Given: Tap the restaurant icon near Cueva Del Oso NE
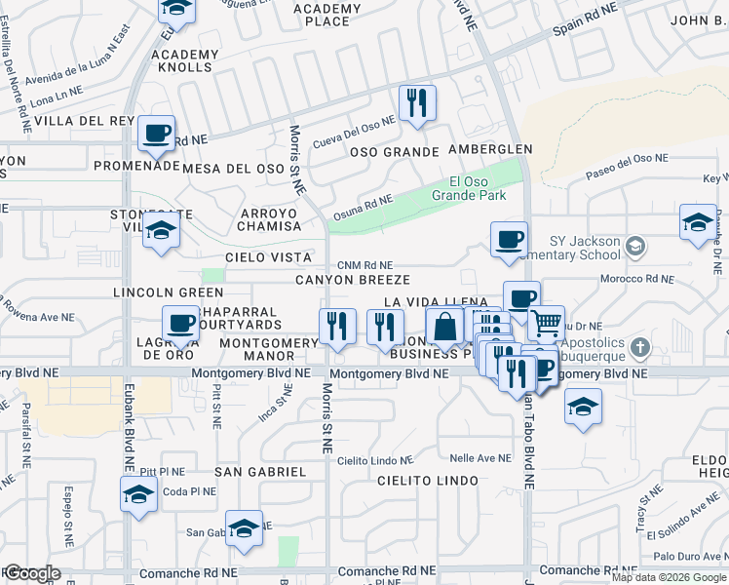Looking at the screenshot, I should [417, 102].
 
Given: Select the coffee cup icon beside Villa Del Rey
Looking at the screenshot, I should [156, 134].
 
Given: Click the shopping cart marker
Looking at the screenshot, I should [546, 322].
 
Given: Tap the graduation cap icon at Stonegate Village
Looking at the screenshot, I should [161, 231].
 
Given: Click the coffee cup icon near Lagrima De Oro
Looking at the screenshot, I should [180, 323].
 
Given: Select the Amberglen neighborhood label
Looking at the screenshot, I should [490, 149].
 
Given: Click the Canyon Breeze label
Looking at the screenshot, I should [347, 280].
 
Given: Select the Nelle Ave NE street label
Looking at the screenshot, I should [480, 457].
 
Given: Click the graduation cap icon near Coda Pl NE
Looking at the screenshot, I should [138, 493].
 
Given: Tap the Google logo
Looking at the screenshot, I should [31, 573].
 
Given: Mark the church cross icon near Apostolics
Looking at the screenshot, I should [639, 347].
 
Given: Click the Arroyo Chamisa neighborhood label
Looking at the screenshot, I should [268, 219].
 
